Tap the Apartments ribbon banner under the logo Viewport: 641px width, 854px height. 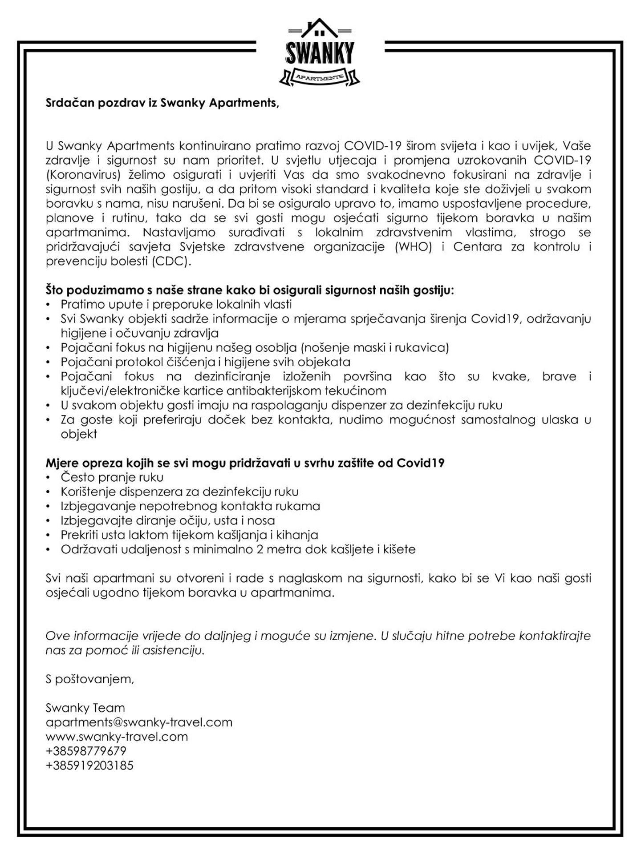[x=320, y=77]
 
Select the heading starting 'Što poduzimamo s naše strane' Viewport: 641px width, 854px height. [x=250, y=290]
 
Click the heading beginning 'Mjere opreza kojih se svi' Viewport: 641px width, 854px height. [x=245, y=463]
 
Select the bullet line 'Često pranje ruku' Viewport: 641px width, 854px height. [x=112, y=477]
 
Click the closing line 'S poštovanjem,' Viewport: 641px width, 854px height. [x=89, y=679]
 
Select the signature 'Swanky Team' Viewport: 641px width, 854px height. [x=85, y=708]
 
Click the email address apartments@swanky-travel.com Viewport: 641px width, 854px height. [x=139, y=722]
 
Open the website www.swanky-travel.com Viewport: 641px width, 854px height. [x=117, y=737]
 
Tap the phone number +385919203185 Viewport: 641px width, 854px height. [x=89, y=765]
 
